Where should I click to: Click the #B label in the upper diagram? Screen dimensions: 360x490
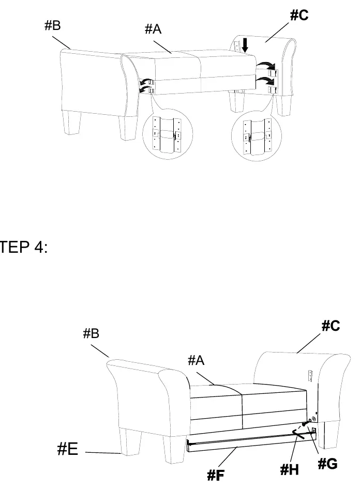53,25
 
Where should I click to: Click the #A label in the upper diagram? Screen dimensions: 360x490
153,29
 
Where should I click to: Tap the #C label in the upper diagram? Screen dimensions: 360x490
299,15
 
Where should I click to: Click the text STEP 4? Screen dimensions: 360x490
23,247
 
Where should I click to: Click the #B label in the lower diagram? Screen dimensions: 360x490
91,333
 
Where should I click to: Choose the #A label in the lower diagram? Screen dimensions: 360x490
196,360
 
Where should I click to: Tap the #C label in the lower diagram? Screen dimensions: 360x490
331,326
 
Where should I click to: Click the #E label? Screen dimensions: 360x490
68,449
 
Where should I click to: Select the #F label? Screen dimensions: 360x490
216,476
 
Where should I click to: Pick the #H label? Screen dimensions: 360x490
289,469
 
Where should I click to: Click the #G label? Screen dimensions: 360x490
328,464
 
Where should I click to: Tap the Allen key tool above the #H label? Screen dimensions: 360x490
298,434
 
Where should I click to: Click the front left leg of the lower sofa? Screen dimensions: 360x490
130,443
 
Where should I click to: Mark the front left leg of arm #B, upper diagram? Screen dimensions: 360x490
71,123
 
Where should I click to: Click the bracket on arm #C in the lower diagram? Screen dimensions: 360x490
310,376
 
